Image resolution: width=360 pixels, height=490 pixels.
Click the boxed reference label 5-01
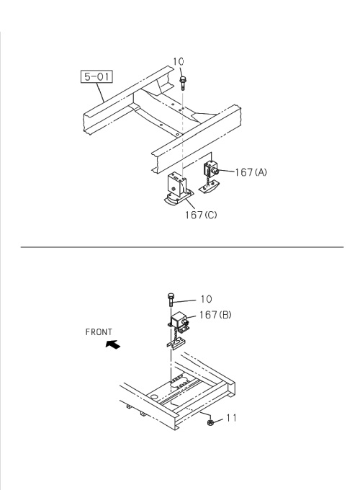(x=96, y=76)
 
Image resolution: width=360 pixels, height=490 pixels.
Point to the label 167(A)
(x=250, y=171)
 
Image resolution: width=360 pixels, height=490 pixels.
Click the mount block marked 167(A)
(x=212, y=171)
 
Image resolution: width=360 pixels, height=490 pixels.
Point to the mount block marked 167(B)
(x=179, y=323)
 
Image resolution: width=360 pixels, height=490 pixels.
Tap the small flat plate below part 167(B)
(x=176, y=346)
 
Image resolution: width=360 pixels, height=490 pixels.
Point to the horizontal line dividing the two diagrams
(x=180, y=246)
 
